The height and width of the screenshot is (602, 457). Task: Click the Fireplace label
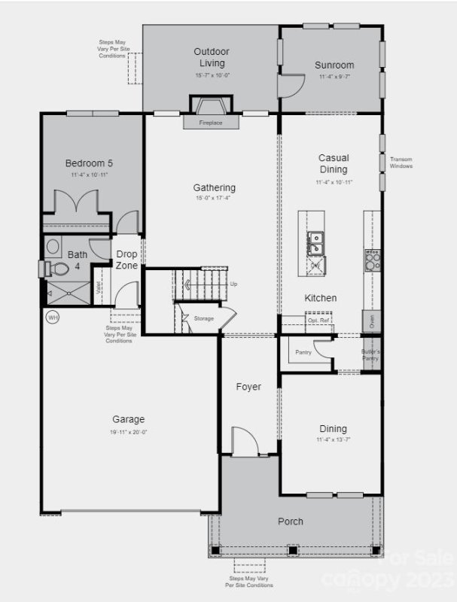click(211, 123)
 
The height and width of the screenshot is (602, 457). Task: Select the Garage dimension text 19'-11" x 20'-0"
click(129, 433)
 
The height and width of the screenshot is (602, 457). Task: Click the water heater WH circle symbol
click(53, 318)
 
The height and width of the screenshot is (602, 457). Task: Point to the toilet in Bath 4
click(56, 268)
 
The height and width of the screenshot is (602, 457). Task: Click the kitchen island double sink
click(316, 243)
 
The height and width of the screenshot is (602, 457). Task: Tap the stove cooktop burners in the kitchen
click(372, 260)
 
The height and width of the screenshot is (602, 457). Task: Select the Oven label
click(372, 321)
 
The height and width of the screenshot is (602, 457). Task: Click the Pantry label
click(303, 351)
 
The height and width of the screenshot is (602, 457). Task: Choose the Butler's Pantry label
click(370, 355)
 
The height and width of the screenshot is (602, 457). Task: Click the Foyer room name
click(248, 387)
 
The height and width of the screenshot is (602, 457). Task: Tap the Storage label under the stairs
click(204, 318)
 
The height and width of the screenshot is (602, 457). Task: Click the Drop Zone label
click(126, 260)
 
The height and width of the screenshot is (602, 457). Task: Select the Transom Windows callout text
click(401, 162)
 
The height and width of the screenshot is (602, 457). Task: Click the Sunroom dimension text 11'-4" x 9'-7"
click(334, 78)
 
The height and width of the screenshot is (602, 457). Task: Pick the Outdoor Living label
click(211, 56)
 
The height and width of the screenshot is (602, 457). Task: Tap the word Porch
click(291, 521)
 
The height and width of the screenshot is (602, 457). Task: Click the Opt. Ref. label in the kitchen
click(317, 321)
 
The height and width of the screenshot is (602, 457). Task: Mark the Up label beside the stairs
click(234, 284)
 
